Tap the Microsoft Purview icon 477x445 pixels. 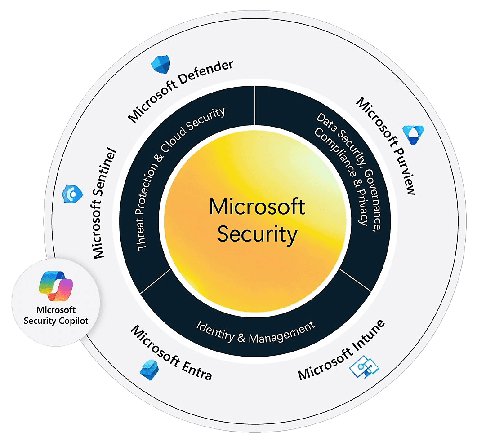pyautogui.click(x=412, y=132)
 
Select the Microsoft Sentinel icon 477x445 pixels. pyautogui.click(x=72, y=194)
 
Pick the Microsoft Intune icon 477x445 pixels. pyautogui.click(x=364, y=368)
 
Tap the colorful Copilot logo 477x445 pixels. pyautogui.click(x=56, y=286)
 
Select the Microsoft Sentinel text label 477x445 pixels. pyautogui.click(x=105, y=203)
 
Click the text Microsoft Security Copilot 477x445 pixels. pyautogui.click(x=56, y=315)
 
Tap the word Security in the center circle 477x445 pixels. pyautogui.click(x=257, y=234)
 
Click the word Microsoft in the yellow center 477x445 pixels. pyautogui.click(x=257, y=207)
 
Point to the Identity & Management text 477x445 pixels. pyautogui.click(x=256, y=332)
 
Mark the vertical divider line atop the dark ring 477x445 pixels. pyautogui.click(x=255, y=106)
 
